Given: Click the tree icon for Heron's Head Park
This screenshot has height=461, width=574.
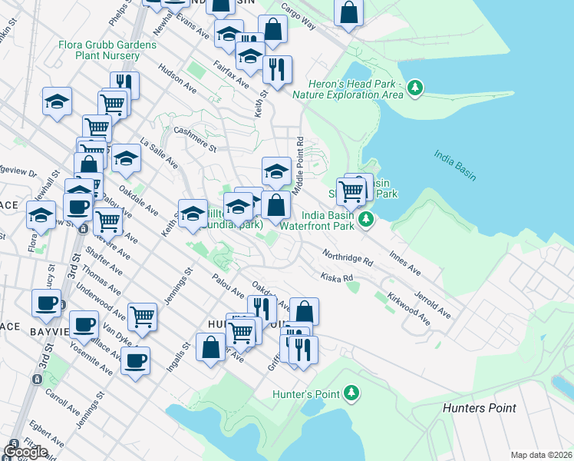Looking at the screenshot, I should tap(415, 88).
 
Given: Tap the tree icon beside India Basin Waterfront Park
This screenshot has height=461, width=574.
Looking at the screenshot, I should tap(367, 221).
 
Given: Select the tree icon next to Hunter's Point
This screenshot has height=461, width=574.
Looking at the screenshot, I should tap(351, 394).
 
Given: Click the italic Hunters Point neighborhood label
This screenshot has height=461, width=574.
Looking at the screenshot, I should tap(480, 408).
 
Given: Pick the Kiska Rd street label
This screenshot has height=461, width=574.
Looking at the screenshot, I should tap(337, 277).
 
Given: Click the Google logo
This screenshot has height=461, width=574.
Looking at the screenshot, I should tap(25, 451).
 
